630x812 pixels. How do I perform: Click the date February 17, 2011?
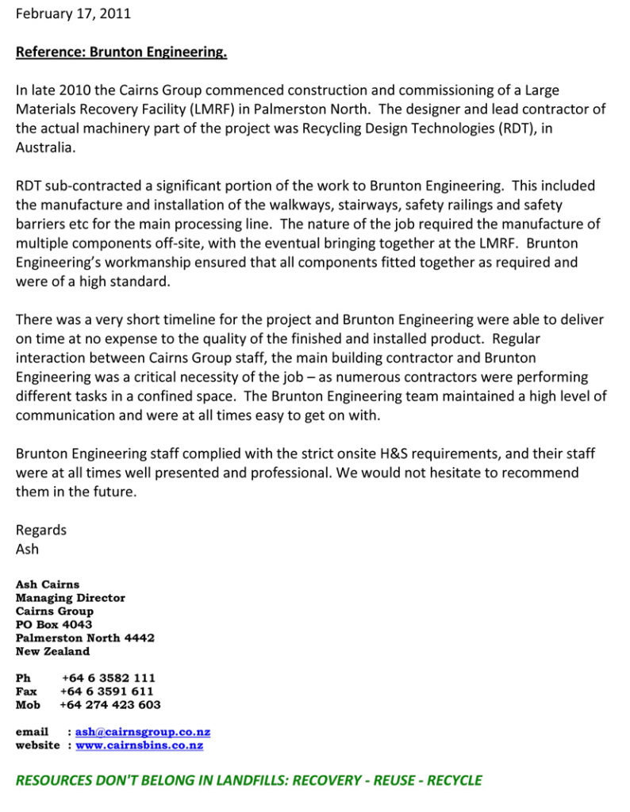click(x=73, y=13)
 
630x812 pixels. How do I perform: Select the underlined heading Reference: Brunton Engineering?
click(x=121, y=52)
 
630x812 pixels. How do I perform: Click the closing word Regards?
click(x=41, y=530)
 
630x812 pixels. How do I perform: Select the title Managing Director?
click(x=71, y=598)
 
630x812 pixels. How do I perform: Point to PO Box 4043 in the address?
click(x=54, y=625)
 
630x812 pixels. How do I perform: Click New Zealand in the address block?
click(x=52, y=652)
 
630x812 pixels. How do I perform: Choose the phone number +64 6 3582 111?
click(x=109, y=678)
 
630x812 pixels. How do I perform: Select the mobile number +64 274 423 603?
click(x=110, y=705)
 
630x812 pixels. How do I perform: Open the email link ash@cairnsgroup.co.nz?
click(x=143, y=732)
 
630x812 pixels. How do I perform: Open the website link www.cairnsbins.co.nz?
click(x=140, y=745)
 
